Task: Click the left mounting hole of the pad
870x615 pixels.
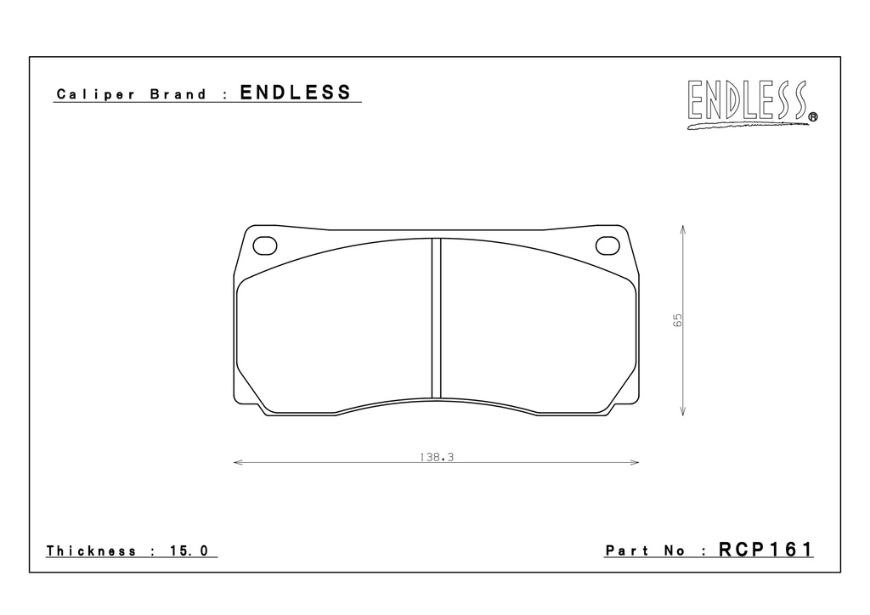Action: tap(265, 245)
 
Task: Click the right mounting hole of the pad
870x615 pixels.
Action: tap(607, 245)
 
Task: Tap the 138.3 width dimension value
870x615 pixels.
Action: tap(437, 457)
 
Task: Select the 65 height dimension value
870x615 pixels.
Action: tap(677, 320)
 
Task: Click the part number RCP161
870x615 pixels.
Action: tap(765, 549)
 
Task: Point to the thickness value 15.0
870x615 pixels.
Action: tap(189, 550)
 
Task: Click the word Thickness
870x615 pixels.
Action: tap(91, 550)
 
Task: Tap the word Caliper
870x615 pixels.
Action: tap(95, 94)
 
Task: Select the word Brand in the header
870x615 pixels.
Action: tap(178, 93)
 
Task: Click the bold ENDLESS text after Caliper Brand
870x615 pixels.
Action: tap(296, 92)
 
